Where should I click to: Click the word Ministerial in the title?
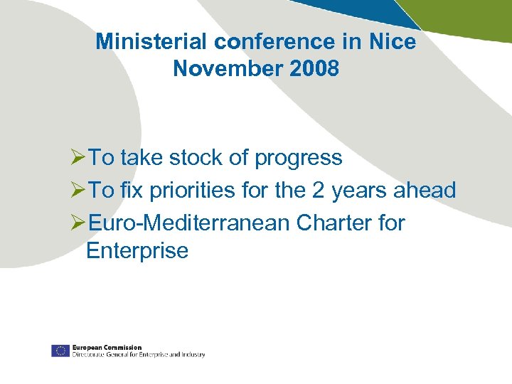point(152,42)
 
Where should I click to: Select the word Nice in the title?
point(392,42)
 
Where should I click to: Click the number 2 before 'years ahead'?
point(316,190)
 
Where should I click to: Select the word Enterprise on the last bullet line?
point(137,250)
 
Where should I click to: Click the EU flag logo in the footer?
point(60,351)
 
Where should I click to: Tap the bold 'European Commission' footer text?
point(107,347)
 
